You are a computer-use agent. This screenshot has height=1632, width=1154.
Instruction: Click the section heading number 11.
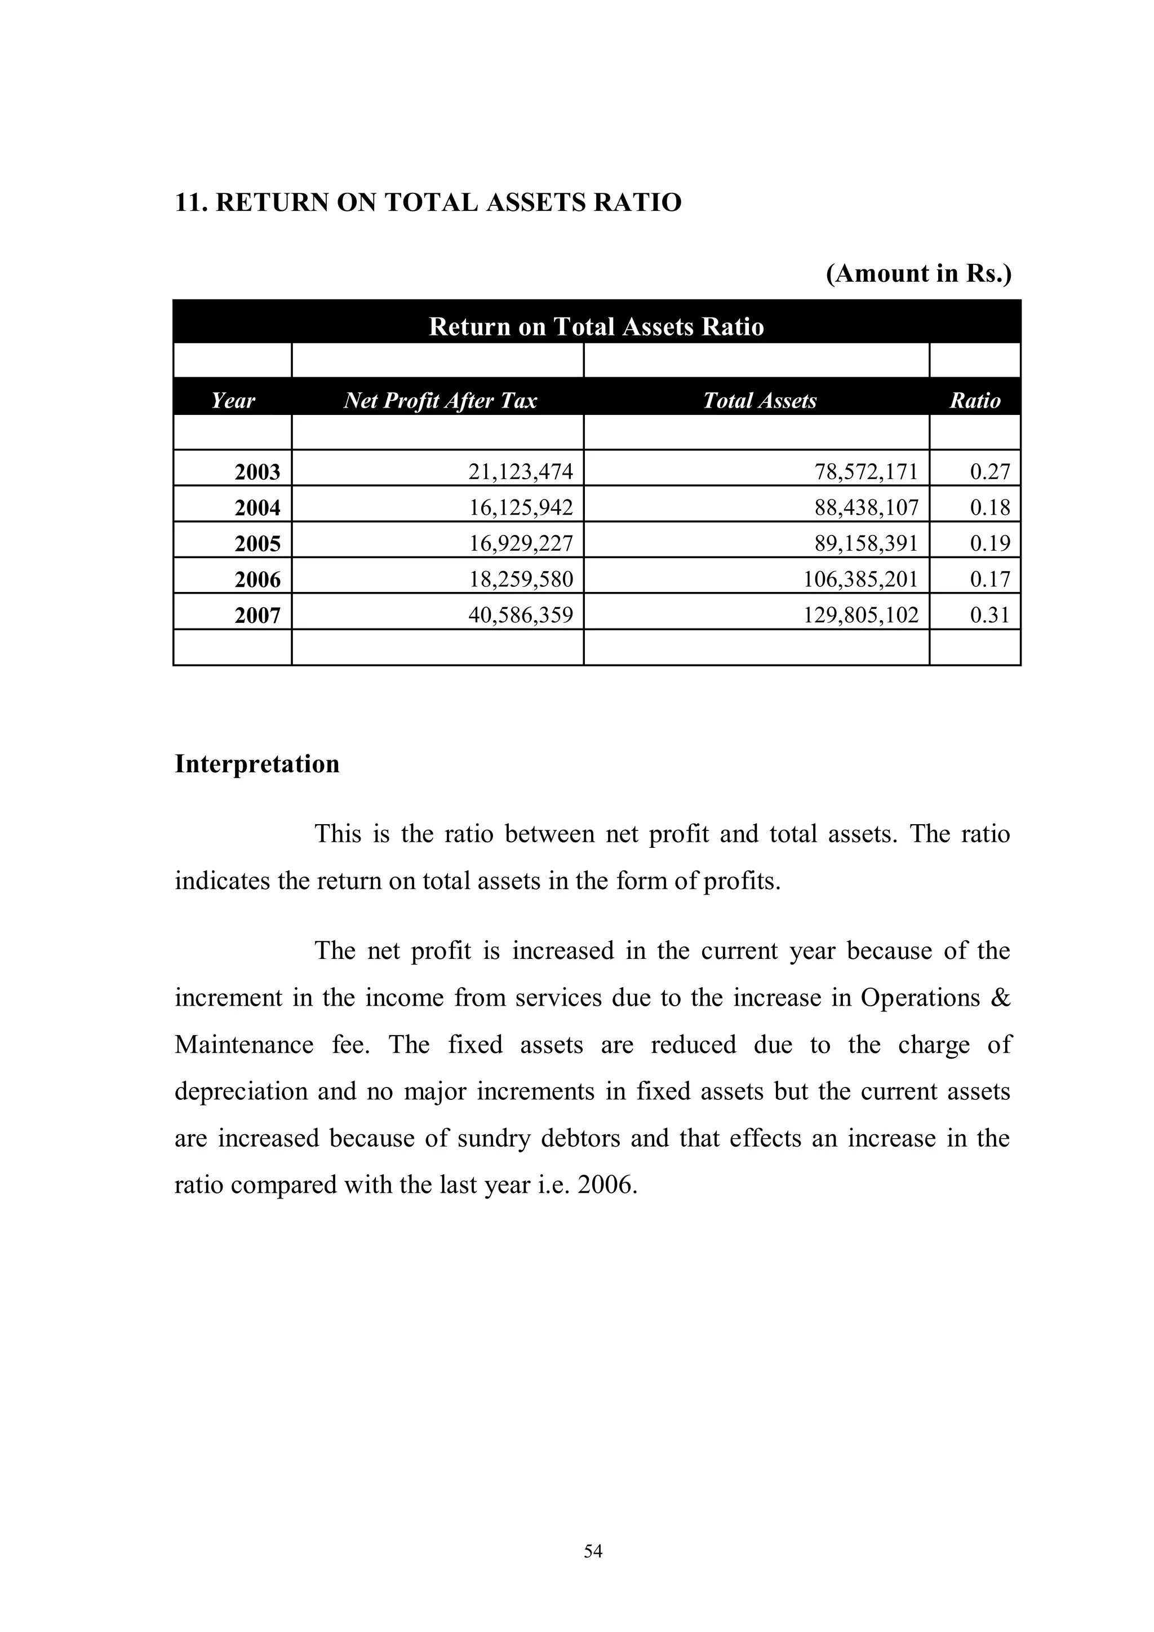(190, 202)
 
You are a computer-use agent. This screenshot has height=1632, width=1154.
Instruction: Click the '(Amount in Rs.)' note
(918, 273)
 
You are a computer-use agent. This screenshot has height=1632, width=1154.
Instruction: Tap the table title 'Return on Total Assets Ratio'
(596, 326)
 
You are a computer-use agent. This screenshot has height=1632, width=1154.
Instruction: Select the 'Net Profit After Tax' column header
(440, 401)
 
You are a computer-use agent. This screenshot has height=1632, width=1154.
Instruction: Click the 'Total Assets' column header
(759, 401)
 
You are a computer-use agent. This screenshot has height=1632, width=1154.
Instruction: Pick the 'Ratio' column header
(974, 401)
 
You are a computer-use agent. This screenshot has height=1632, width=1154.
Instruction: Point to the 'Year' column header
(232, 401)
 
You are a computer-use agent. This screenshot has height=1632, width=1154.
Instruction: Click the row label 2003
(258, 472)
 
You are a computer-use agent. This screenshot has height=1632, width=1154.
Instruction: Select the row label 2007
(258, 615)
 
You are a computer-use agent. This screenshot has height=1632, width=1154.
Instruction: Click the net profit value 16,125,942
(520, 507)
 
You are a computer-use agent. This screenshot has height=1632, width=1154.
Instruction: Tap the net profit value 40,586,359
(520, 615)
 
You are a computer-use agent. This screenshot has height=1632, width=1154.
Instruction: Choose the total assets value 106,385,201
(860, 580)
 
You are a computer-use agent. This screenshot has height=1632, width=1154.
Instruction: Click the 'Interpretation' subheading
(258, 764)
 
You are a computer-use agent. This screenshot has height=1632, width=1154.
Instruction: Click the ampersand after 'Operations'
(999, 998)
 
